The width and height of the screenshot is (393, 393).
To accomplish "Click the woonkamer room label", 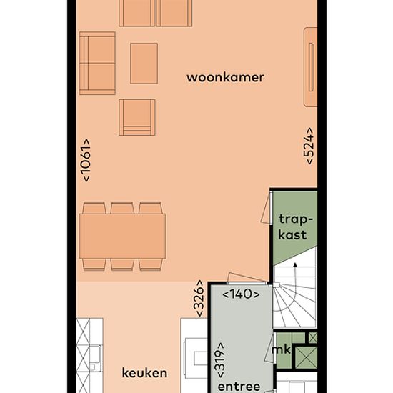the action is [225, 77].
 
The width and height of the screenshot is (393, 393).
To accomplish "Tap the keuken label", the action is [144, 373].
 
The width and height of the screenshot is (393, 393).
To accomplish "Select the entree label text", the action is [239, 387].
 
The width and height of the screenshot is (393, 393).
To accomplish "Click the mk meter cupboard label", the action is [281, 349].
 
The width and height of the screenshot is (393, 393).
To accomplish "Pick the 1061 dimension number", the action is [86, 160].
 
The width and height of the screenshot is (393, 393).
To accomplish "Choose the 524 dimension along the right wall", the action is [309, 146].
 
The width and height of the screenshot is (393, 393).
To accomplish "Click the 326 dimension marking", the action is [199, 298].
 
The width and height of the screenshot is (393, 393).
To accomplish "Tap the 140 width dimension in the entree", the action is [241, 294].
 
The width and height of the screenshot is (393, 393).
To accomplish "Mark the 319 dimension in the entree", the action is [221, 360].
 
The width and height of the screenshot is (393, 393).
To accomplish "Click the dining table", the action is [123, 236].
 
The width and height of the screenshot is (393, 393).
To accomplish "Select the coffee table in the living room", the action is [144, 64].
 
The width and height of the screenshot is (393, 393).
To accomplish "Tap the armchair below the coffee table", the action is [137, 117].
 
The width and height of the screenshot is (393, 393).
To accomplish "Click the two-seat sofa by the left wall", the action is [97, 64].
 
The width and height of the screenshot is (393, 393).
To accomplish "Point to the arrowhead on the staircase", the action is [295, 264].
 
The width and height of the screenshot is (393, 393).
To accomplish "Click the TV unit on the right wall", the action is [311, 67].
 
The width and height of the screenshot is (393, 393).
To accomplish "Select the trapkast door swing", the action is [267, 208].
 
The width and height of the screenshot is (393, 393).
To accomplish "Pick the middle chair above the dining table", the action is [122, 208].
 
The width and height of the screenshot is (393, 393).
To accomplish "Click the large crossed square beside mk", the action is [306, 358].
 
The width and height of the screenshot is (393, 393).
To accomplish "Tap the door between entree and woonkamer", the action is [247, 279].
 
